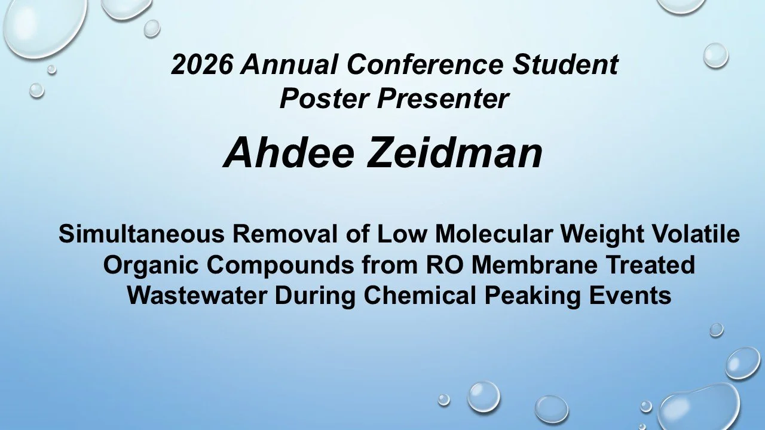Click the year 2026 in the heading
coord(201,64)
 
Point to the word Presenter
coord(442,99)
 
